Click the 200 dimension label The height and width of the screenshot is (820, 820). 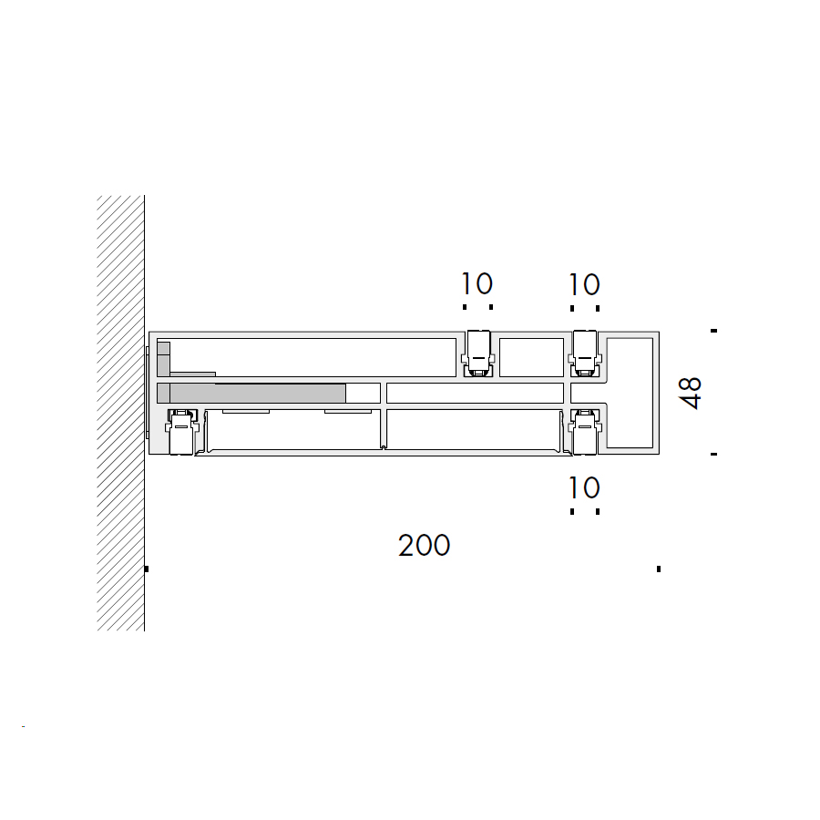[x=424, y=546]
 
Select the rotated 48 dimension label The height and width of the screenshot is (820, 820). [x=690, y=392]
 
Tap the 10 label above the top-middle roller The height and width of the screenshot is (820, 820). [x=477, y=284]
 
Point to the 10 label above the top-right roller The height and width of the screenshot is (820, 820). [x=584, y=285]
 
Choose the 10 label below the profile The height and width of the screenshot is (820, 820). [x=584, y=488]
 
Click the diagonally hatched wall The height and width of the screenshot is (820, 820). [x=121, y=413]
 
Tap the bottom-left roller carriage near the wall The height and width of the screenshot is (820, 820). [x=182, y=432]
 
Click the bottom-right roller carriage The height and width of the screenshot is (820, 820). [x=585, y=432]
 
